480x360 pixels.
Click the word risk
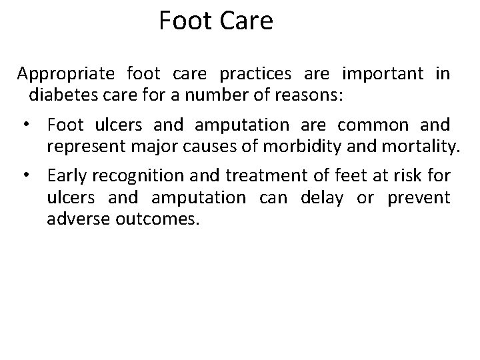(413, 176)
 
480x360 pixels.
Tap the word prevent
(419, 198)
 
